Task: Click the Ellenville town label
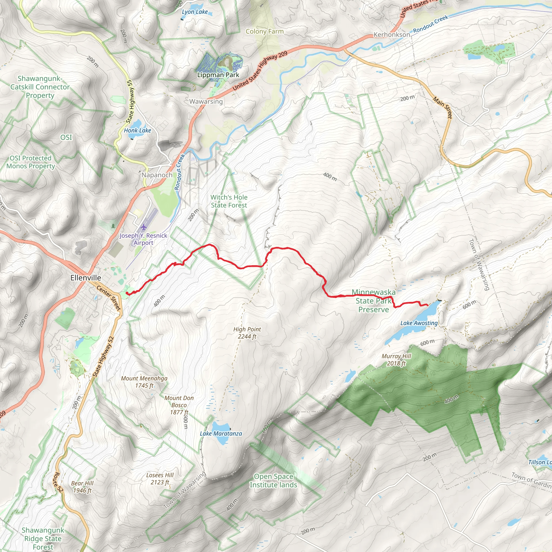tap(86, 278)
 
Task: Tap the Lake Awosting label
tap(419, 323)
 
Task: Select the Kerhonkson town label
tap(392, 34)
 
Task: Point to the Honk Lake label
tap(137, 130)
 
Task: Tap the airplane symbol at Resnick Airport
tap(143, 227)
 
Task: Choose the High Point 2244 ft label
tap(247, 333)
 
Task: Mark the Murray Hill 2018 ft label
tap(396, 360)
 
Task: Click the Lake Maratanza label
tap(221, 433)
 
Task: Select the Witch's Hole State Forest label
tap(229, 201)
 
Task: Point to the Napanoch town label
tap(157, 175)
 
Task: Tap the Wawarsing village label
tap(206, 101)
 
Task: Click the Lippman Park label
tap(218, 75)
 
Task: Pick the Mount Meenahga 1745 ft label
tap(144, 382)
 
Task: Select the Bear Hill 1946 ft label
tap(82, 487)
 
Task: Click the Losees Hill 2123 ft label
tap(160, 479)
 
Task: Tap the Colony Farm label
tap(265, 32)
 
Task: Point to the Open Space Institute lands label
tap(273, 481)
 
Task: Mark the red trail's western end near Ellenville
tap(127, 293)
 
